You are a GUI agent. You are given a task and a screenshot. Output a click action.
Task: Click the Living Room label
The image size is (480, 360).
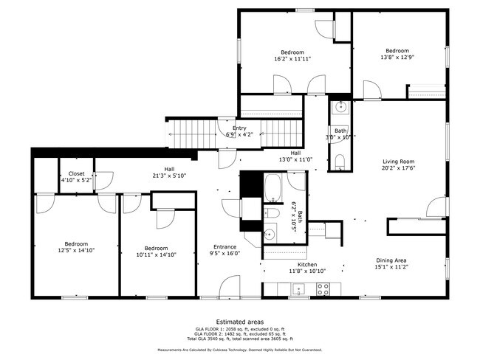398,162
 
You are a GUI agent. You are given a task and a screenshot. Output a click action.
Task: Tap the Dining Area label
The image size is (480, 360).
391,259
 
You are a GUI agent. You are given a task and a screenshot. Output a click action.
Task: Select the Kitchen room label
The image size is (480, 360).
307,264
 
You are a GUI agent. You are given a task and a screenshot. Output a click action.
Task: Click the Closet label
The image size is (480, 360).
75,173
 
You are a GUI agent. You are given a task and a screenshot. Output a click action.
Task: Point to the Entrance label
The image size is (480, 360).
224,246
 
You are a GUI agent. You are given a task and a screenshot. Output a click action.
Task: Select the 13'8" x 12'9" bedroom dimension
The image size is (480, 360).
397,57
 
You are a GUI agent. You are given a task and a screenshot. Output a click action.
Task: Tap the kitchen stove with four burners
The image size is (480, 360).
323,288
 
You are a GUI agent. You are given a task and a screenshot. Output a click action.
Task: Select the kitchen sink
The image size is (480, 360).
298,288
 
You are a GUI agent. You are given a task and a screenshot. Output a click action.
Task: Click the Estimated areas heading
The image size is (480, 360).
239,322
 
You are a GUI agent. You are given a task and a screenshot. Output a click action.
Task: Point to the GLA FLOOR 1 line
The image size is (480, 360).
239,330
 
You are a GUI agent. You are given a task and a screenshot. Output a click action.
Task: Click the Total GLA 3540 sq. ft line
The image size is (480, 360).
239,339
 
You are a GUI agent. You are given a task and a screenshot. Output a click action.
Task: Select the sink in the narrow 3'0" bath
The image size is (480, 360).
340,108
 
